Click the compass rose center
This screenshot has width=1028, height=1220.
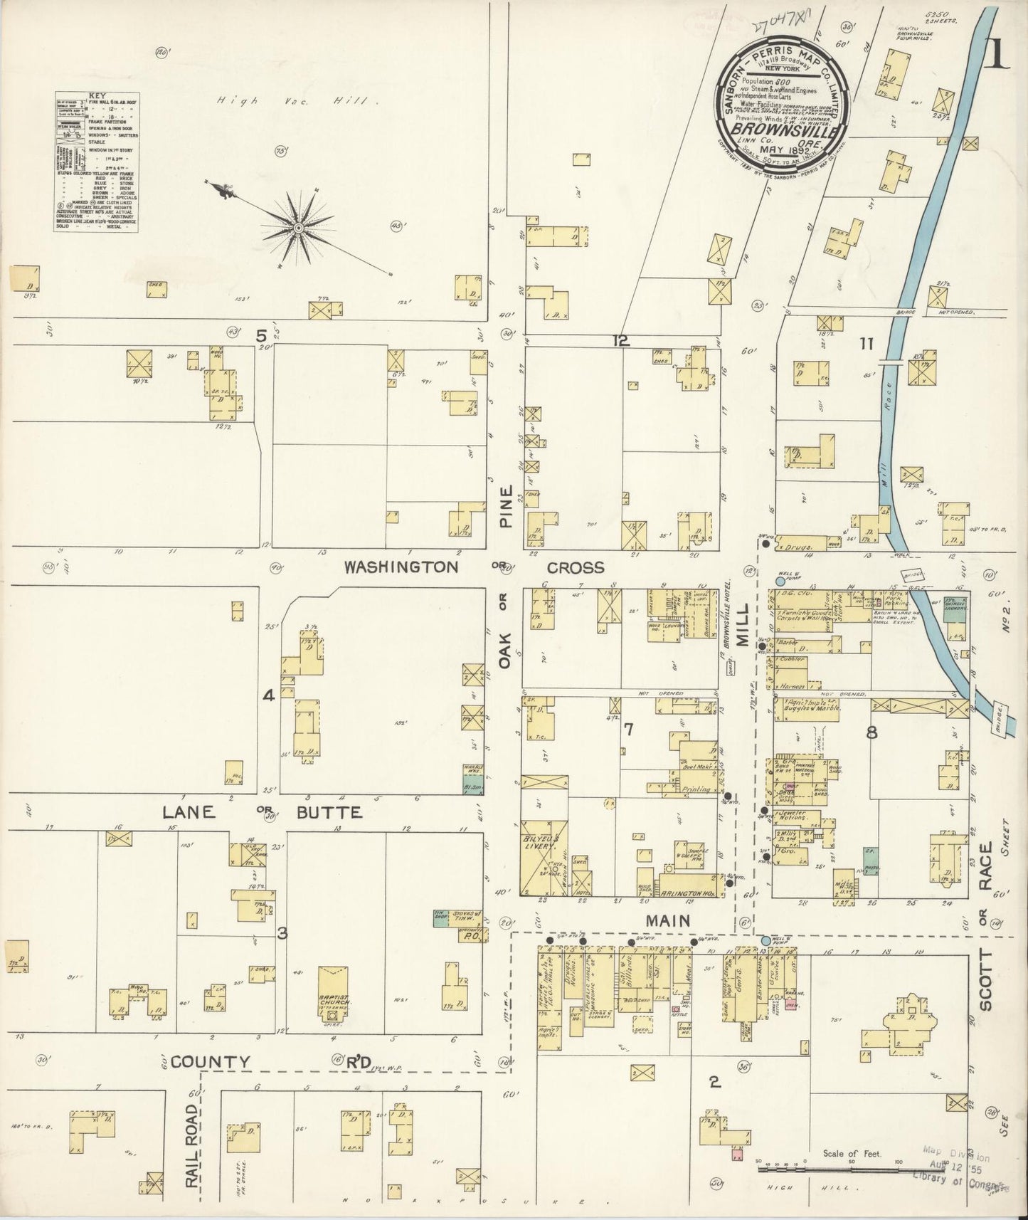click(x=299, y=227)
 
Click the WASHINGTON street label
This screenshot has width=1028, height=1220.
click(x=401, y=567)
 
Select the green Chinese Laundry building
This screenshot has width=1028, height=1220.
click(x=955, y=609)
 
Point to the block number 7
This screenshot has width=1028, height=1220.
click(x=627, y=729)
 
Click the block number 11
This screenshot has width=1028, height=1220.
click(x=865, y=345)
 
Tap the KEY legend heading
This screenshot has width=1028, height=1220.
click(x=95, y=95)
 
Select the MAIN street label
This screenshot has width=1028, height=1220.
click(x=667, y=920)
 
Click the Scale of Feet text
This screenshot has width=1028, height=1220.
click(x=852, y=1154)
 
